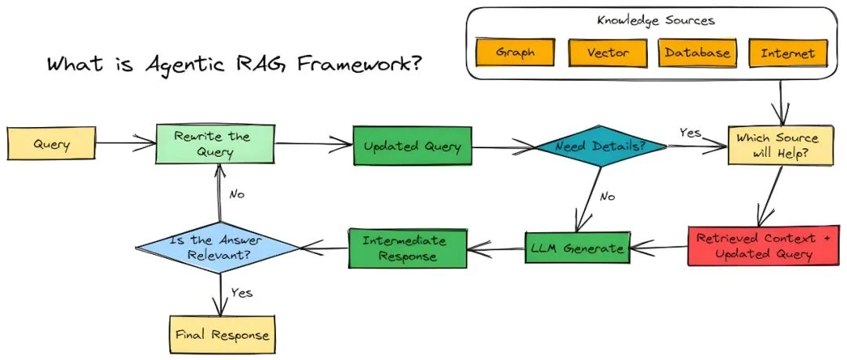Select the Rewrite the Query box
coord(213,144)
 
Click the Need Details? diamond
coord(600,147)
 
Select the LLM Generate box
coord(577,249)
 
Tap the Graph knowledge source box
coord(516,53)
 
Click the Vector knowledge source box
coord(607,53)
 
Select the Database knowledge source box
coord(696,53)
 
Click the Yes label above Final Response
coord(241,292)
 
